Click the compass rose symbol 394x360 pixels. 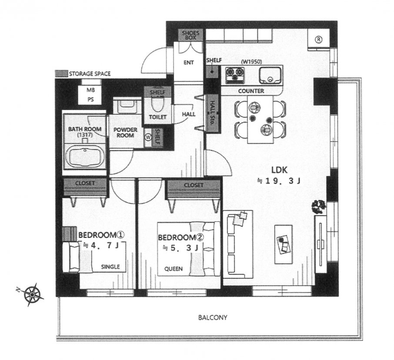33,294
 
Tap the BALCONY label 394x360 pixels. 213,317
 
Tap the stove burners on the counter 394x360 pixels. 235,76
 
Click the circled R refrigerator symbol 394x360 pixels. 318,40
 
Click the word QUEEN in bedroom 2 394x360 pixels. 173,268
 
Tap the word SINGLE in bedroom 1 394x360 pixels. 110,267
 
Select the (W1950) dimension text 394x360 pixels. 251,62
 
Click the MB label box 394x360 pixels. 90,90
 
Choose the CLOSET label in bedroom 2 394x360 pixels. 193,185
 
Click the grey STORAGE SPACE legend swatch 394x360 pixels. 61,74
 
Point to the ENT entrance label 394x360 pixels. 188,63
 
